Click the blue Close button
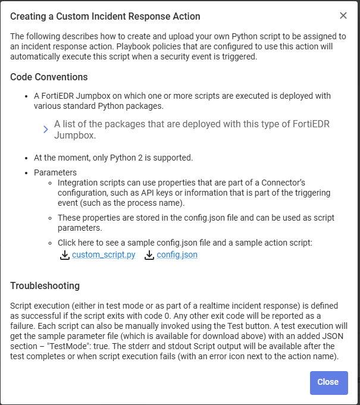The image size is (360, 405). point(328,382)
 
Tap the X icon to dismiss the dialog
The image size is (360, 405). point(343,16)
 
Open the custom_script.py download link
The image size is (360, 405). point(104,255)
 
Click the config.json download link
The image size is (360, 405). point(177,255)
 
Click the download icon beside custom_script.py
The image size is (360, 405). point(65,255)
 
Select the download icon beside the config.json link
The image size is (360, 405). point(150,255)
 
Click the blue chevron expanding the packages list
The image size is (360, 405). point(46,130)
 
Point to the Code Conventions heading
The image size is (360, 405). point(49,77)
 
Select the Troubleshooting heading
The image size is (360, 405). point(45,286)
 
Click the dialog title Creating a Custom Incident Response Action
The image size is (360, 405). point(105,16)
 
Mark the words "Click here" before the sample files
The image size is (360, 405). point(77,243)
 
